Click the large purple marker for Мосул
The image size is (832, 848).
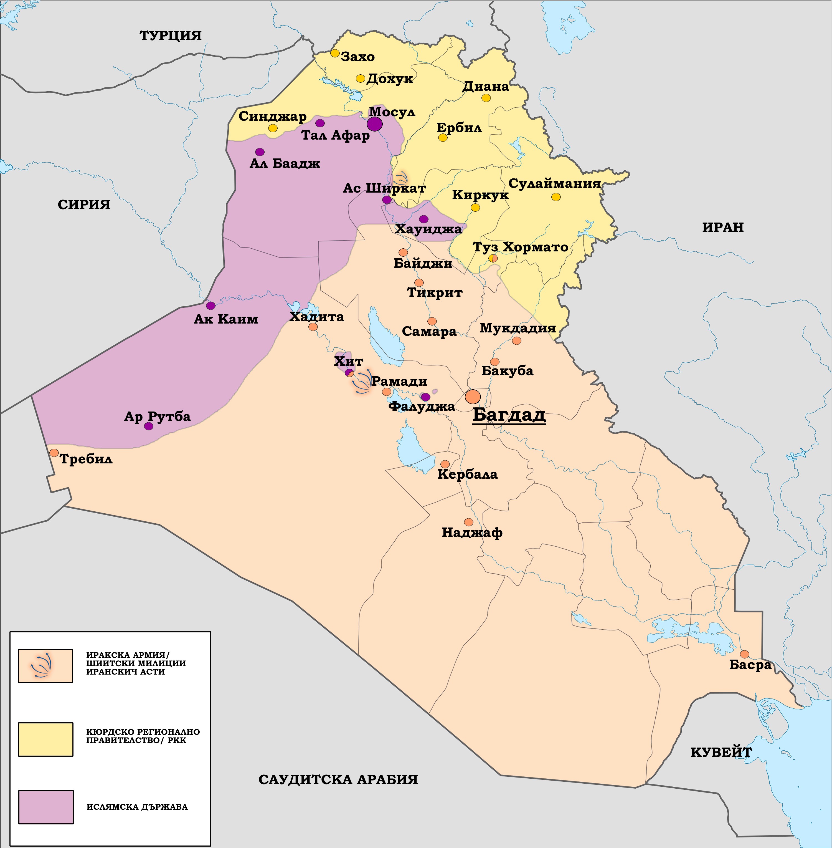tap(374, 124)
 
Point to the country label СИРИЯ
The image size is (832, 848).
tap(84, 205)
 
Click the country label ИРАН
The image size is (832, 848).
tap(723, 227)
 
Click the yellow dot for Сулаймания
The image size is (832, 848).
tap(556, 197)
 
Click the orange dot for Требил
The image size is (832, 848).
tap(54, 453)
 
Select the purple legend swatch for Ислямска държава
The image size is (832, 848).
tap(45, 807)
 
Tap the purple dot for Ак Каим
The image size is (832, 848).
tap(210, 306)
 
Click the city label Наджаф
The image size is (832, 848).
tap(472, 532)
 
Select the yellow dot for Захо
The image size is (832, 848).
tap(335, 53)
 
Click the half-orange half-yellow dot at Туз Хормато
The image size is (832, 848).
tap(493, 258)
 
